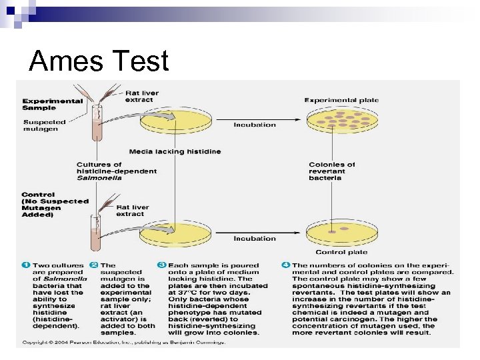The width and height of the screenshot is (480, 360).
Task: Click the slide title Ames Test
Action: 99,61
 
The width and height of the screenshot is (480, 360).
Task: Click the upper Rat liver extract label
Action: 139,97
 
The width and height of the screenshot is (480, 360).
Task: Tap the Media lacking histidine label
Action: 175,151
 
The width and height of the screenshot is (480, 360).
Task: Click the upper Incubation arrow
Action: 254,124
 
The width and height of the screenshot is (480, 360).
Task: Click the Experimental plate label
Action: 341,100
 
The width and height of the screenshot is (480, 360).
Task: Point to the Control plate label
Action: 341,252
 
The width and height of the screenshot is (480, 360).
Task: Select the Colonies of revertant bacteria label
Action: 331,171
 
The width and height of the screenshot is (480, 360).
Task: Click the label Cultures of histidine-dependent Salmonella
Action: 117,171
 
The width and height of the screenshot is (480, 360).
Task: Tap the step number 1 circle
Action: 25,265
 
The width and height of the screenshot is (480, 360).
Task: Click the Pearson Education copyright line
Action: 123,342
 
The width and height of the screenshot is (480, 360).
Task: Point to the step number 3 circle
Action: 161,265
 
